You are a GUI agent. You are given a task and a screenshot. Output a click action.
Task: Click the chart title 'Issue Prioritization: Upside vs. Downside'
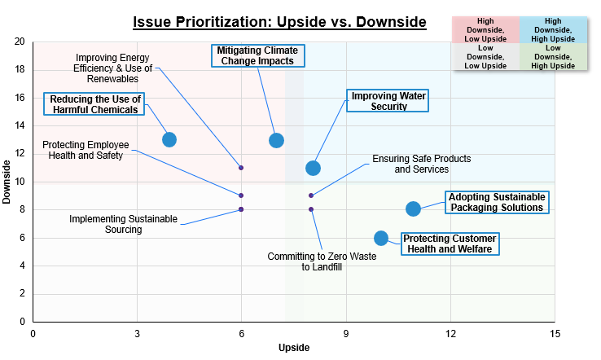pos(279,21)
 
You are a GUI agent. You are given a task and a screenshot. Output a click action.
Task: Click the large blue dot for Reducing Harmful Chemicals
pos(169,139)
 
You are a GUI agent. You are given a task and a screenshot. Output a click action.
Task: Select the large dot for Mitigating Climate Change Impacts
pos(276,140)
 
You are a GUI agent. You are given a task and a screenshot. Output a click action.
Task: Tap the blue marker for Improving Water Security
pos(313,168)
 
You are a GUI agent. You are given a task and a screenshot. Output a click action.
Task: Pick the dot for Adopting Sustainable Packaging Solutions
pos(413,209)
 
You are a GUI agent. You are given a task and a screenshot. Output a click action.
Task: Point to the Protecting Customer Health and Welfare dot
pos(381,238)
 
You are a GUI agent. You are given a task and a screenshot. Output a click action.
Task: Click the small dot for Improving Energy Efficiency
pos(241,168)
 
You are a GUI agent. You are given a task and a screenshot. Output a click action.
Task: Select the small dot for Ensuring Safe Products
pos(311,195)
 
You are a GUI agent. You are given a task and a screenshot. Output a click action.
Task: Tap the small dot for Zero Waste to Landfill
pos(311,209)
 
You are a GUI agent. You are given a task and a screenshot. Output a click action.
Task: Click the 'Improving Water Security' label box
pos(389,101)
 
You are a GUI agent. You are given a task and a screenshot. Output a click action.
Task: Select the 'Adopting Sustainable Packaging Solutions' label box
pos(495,202)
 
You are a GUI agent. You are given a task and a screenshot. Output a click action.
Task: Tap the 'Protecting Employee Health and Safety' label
pos(86,150)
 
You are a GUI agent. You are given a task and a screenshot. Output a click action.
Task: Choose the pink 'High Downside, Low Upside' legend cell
pos(485,29)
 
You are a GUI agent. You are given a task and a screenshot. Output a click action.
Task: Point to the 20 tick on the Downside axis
pos(19,42)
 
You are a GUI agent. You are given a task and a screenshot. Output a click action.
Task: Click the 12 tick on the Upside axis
pos(450,333)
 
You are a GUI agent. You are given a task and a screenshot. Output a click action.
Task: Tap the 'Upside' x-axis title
pos(293,348)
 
